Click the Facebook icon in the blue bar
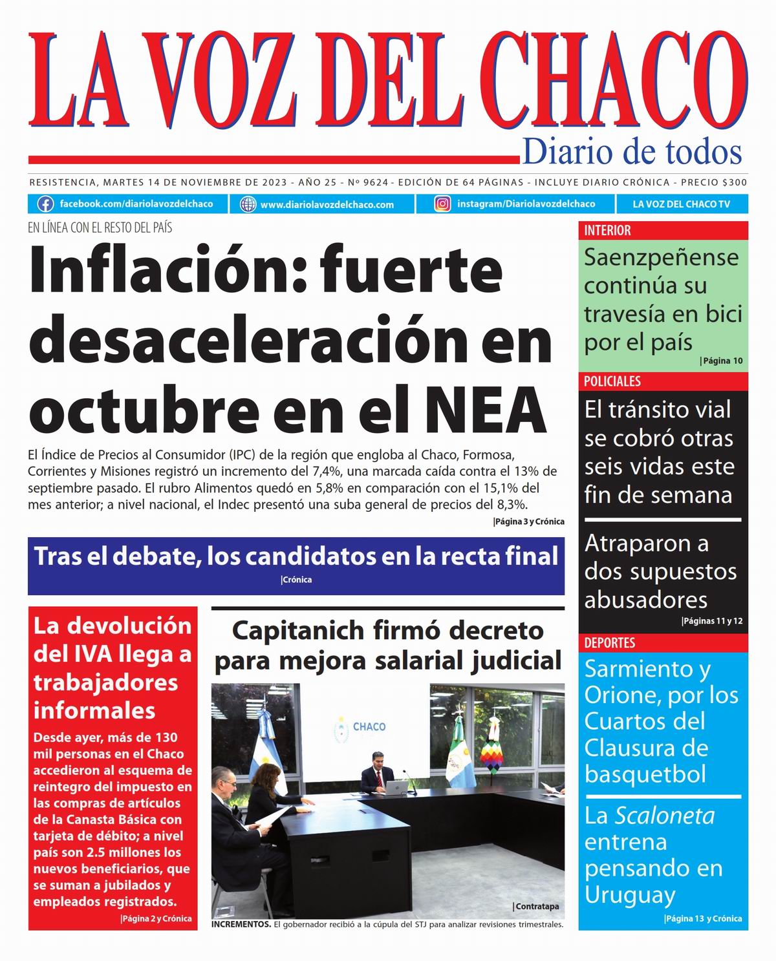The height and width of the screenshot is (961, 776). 45,204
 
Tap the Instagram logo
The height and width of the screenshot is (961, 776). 442,204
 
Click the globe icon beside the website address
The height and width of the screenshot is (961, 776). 248,204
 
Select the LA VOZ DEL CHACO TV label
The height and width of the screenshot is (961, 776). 681,204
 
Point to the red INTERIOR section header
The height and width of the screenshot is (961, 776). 607,231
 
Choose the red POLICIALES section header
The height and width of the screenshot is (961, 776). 612,381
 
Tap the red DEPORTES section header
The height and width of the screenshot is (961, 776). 609,643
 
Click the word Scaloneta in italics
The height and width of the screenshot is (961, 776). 664,816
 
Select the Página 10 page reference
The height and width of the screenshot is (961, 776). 722,361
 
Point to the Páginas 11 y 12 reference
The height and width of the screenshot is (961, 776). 713,621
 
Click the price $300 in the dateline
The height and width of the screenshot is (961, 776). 734,182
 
